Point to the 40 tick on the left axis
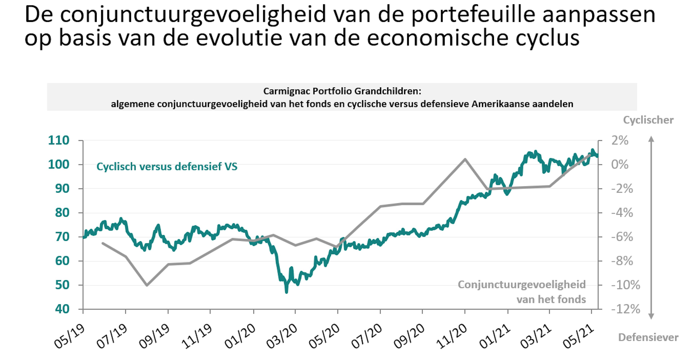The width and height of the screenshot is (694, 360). [62, 309]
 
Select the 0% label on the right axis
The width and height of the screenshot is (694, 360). [620, 164]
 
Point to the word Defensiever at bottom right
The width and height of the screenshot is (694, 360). [648, 337]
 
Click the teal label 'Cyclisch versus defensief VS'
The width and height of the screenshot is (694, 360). [167, 167]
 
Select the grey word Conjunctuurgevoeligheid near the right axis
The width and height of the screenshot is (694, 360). [522, 285]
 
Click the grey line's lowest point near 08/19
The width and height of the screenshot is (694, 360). [147, 285]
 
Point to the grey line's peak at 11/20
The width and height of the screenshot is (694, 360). [465, 159]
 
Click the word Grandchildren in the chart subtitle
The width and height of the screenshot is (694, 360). [388, 91]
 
